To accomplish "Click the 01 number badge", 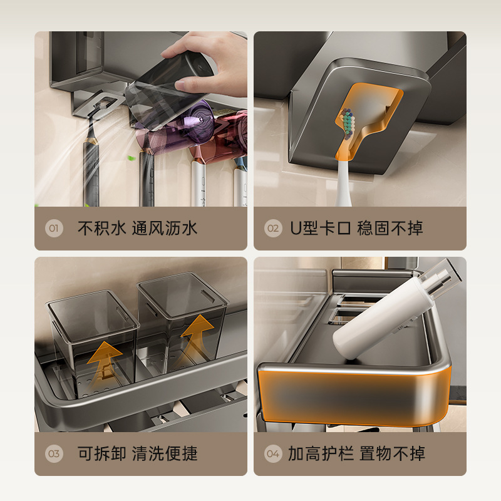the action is point(54,228).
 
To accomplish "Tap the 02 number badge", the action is point(273,228).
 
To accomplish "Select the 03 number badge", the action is point(54,453).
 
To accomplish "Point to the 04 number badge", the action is point(273,453).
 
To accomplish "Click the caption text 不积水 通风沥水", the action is point(137,229).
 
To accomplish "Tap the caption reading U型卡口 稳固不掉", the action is point(356,229).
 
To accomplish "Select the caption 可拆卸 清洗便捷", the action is point(137,453).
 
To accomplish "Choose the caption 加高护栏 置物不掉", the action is point(356,453).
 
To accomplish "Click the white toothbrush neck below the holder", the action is point(343,183).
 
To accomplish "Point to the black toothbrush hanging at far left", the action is point(91,160).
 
